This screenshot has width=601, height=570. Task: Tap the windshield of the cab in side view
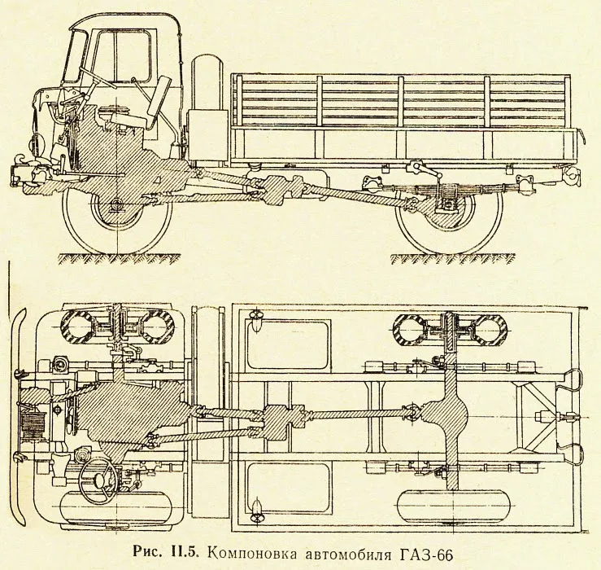tap(81, 61)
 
